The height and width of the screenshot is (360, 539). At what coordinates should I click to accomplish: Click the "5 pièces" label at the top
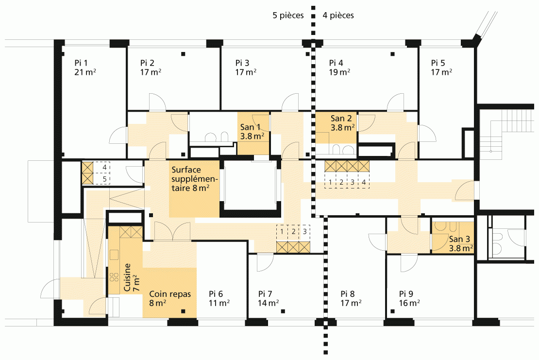[288, 16]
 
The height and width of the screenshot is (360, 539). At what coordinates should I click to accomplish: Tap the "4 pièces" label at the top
[338, 16]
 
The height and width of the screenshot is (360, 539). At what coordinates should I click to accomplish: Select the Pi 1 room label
[81, 63]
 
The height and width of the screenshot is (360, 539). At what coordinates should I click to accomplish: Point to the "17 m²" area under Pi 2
[151, 72]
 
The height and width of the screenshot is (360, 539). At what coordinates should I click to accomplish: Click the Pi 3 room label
[242, 63]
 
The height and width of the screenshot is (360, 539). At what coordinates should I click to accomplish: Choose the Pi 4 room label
[336, 63]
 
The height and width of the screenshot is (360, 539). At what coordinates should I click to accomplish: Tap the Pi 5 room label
[438, 63]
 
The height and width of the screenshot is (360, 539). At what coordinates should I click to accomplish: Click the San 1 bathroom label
[250, 127]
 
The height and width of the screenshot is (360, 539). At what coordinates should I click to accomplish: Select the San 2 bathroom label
[341, 118]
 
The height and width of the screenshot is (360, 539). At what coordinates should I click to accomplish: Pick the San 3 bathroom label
[459, 239]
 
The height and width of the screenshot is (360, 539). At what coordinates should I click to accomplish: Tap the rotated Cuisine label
[128, 277]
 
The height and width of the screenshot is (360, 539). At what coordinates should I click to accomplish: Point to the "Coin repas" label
[170, 294]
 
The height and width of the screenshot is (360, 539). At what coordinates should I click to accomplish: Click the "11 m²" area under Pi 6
[219, 303]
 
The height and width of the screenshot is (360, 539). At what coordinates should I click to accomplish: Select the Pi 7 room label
[265, 294]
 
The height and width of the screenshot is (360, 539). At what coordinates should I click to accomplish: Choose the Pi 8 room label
[348, 294]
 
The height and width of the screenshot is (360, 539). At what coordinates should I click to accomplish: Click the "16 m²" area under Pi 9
[409, 303]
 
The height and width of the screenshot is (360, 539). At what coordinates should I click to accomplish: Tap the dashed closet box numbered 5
[102, 179]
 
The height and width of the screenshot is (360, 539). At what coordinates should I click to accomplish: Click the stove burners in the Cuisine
[114, 277]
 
